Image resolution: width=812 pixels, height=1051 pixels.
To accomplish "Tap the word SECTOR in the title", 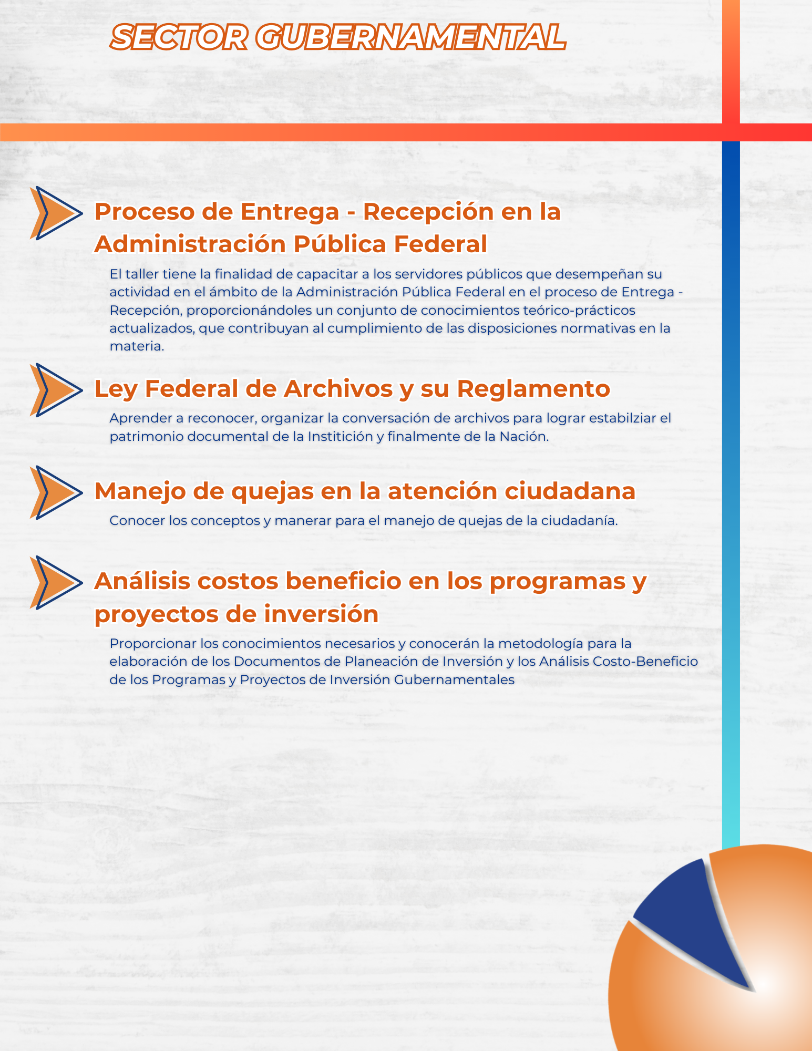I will click(179, 38).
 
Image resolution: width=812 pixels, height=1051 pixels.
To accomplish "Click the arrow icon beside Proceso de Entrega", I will click(55, 213).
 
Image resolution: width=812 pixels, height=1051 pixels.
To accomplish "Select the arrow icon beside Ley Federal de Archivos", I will click(55, 390).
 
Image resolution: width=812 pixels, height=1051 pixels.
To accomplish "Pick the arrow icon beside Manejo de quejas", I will click(55, 492).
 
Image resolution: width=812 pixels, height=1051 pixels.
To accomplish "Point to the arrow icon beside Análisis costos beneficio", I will click(55, 582).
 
